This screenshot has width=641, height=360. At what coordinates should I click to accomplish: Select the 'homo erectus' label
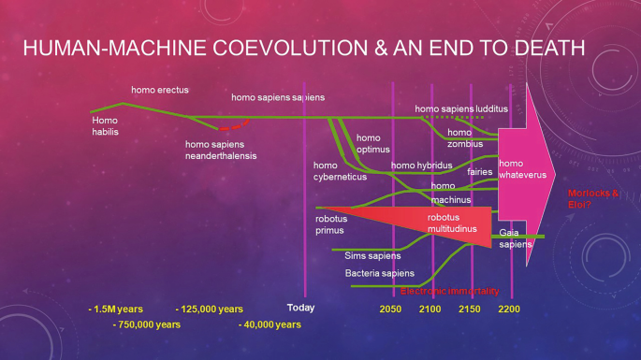159,90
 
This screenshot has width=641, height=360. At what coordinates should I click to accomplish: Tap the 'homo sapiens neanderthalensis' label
221,150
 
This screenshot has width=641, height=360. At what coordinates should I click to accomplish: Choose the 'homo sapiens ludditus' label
461,109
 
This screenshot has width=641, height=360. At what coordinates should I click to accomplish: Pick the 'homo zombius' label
465,138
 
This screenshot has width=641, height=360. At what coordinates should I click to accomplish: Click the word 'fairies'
480,172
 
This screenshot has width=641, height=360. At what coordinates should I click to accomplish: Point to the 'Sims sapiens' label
372,254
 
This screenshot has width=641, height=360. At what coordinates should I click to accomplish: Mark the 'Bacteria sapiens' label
379,273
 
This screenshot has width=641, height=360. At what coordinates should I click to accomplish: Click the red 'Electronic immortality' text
456,291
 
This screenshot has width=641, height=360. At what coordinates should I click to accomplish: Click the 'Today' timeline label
301,308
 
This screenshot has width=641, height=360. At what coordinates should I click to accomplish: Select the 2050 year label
391,309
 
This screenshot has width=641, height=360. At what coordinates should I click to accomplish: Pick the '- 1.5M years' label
115,309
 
